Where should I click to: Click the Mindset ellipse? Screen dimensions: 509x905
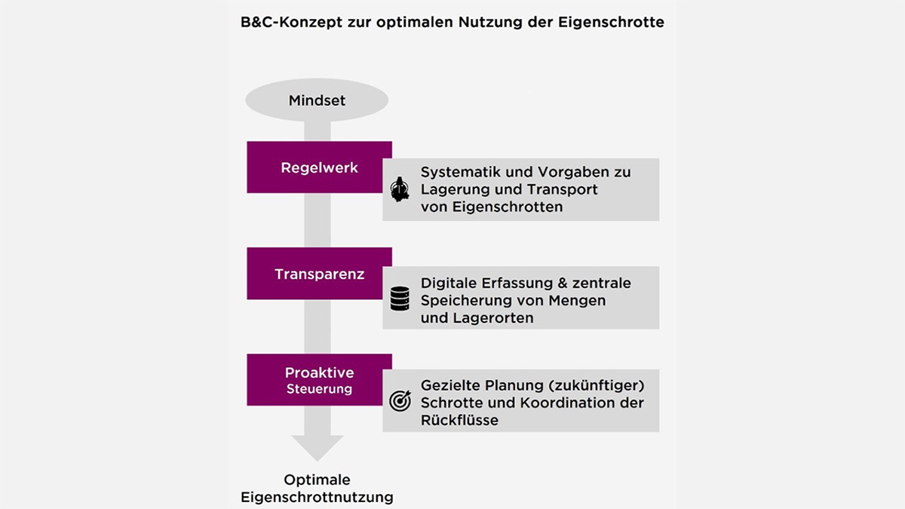click(317, 100)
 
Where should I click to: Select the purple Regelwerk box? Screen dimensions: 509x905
click(319, 167)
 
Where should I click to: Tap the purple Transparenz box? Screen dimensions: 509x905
click(319, 274)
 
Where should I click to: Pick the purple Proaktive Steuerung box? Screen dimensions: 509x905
click(319, 380)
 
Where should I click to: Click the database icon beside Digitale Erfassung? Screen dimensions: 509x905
click(400, 299)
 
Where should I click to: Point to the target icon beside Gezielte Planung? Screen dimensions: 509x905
click(400, 401)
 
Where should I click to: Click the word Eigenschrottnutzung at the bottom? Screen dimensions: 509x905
click(318, 498)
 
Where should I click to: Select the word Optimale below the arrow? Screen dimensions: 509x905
click(318, 480)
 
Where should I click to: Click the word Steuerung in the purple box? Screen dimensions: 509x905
click(319, 390)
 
